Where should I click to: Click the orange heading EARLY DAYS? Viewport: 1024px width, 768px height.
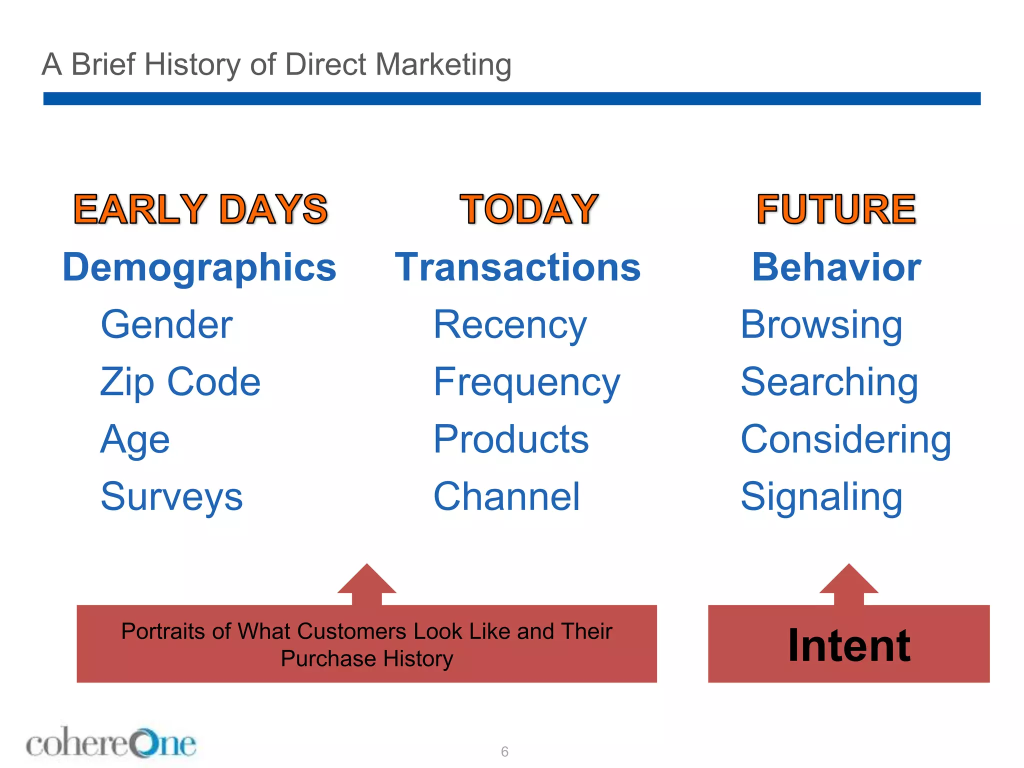pyautogui.click(x=200, y=209)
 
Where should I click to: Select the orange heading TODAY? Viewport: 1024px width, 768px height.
pyautogui.click(x=528, y=209)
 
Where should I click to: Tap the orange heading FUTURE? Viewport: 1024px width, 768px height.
pyautogui.click(x=836, y=209)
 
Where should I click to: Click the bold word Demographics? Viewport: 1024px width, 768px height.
pyautogui.click(x=199, y=267)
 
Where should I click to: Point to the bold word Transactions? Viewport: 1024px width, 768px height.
pyautogui.click(x=517, y=267)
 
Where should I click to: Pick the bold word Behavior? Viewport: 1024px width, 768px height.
pyautogui.click(x=836, y=267)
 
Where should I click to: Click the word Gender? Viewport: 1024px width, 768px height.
pyautogui.click(x=166, y=325)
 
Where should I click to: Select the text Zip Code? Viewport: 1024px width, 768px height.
pyautogui.click(x=180, y=382)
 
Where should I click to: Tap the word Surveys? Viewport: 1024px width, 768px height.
pyautogui.click(x=171, y=496)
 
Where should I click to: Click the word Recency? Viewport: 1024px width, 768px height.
pyautogui.click(x=509, y=325)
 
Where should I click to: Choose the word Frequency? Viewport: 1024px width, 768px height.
pyautogui.click(x=526, y=382)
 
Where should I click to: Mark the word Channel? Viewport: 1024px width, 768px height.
pyautogui.click(x=506, y=496)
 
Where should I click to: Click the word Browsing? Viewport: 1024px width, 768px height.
pyautogui.click(x=821, y=325)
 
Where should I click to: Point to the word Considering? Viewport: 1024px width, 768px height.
pyautogui.click(x=845, y=439)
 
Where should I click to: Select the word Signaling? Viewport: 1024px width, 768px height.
pyautogui.click(x=821, y=496)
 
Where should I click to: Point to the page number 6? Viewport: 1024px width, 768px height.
pyautogui.click(x=504, y=751)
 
